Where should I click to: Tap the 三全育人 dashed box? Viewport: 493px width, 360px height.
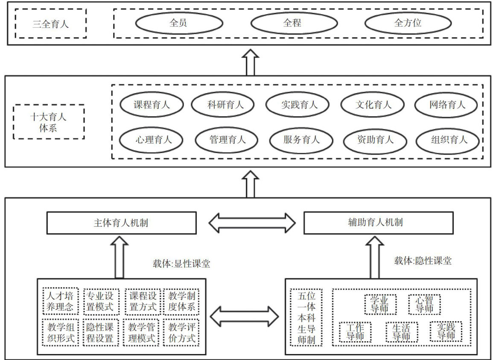coord(50,24)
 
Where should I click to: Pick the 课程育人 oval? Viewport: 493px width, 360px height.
coord(152,104)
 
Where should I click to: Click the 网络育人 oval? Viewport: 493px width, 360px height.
coord(447,104)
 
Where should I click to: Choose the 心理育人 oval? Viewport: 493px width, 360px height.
coord(152,139)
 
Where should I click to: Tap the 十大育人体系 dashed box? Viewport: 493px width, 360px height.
coord(49,122)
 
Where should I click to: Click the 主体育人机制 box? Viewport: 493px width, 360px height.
coord(121,223)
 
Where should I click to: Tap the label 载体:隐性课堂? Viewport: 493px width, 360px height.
coord(423,261)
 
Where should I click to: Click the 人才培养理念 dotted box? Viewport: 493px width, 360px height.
coord(60,301)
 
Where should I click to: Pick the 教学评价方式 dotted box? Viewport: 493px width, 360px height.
coord(181,333)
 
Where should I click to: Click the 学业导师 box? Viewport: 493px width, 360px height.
coord(380,304)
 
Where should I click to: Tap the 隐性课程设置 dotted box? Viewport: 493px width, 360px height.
coord(99,333)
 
